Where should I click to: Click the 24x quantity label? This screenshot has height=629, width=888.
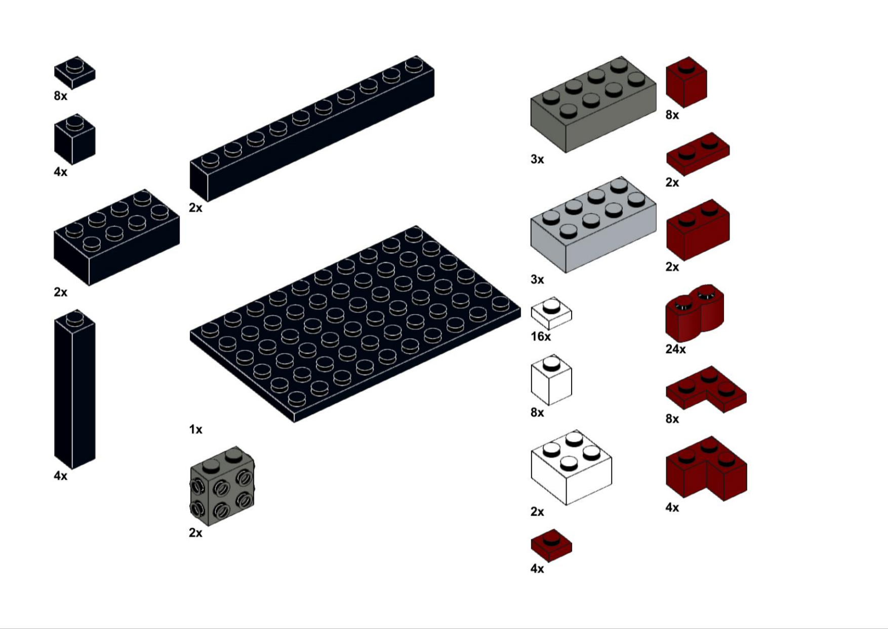tap(675, 349)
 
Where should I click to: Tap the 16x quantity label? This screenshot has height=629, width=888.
tap(541, 337)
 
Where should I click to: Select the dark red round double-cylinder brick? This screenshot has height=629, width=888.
tap(695, 313)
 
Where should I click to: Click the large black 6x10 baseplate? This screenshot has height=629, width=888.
tap(355, 324)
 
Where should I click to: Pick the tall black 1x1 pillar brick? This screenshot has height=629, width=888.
tap(74, 389)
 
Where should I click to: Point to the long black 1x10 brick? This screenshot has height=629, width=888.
tap(312, 129)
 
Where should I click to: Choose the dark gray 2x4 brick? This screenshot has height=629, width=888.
tap(593, 104)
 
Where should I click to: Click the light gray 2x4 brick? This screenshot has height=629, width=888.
tap(593, 225)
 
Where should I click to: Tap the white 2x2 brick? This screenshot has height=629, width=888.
tap(571, 467)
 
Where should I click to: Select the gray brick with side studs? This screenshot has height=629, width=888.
tap(222, 486)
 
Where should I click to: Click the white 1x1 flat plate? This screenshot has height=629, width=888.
tap(551, 313)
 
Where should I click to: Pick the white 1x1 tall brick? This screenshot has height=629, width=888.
tap(551, 380)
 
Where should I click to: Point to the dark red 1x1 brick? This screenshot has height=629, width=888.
tap(686, 82)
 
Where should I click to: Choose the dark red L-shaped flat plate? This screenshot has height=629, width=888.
tap(706, 389)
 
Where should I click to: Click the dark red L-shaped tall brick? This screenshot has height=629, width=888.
tap(706, 468)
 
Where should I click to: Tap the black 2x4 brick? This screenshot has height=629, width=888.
tap(116, 238)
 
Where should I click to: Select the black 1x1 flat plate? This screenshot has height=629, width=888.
tap(74, 72)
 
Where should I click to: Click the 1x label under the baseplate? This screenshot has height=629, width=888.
tap(195, 429)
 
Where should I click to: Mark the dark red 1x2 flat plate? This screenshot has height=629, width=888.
tap(698, 154)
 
